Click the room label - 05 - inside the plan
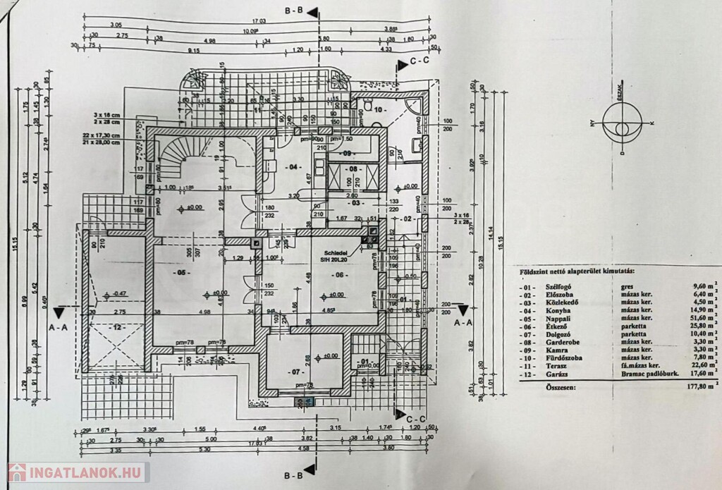pos(181,271)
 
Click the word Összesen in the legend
pos(555,387)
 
